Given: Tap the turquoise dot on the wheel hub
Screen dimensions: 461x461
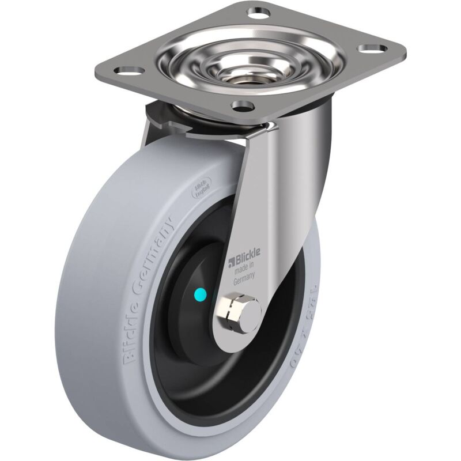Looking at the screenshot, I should pyautogui.click(x=199, y=295).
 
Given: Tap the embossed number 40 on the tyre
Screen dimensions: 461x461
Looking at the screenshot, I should pyautogui.click(x=300, y=358).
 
